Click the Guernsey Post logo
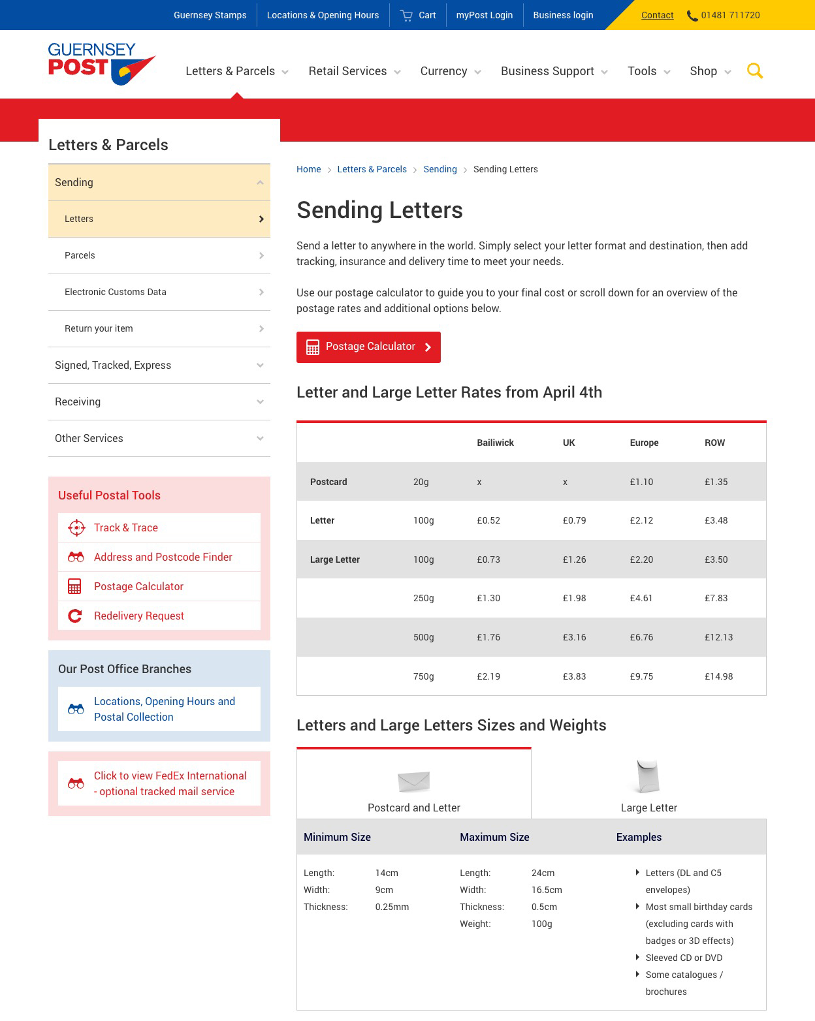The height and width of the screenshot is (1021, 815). [101, 64]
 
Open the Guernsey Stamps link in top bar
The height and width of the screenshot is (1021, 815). [210, 15]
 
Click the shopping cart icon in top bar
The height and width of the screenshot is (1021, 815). [406, 15]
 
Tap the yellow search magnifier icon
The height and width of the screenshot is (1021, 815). [755, 71]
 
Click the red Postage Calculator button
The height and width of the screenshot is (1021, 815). [368, 347]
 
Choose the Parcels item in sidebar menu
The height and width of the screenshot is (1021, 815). [80, 255]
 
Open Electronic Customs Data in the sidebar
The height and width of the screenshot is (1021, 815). [116, 292]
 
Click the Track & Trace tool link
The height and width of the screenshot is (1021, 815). [126, 527]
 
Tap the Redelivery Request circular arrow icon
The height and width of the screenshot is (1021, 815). [75, 616]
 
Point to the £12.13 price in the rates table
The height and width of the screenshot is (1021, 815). [718, 637]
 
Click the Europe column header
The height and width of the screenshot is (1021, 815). [644, 443]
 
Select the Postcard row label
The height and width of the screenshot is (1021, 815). [328, 482]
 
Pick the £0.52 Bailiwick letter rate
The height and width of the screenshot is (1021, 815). [488, 520]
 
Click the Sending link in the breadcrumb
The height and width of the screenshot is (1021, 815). [440, 169]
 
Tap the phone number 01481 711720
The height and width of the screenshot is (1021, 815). [730, 15]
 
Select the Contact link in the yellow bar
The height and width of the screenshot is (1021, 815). [657, 15]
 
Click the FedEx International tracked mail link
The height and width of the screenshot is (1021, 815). [170, 783]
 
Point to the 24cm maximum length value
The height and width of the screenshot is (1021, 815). [543, 873]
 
